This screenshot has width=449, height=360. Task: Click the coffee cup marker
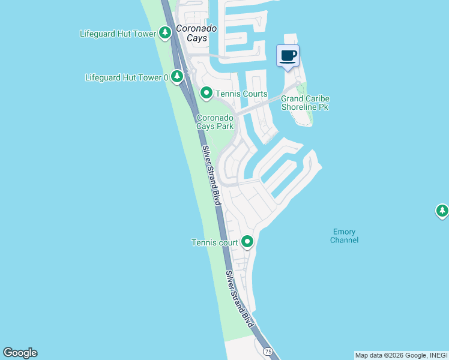point(288,56)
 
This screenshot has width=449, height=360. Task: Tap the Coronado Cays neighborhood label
point(192,33)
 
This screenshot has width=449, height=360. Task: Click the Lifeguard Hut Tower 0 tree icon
point(176,77)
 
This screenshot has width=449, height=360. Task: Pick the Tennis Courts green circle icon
point(206,93)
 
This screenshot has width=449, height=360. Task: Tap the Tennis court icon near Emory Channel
point(247,242)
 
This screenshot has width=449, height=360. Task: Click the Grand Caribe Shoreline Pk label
point(306,103)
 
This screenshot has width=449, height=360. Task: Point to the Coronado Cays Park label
point(215,122)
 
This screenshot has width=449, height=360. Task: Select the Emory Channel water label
point(345,236)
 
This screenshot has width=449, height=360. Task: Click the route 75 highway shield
point(268,351)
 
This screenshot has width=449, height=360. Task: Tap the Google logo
point(20,353)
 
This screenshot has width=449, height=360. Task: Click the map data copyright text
point(400,355)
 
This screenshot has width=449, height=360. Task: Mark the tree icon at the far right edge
point(442,211)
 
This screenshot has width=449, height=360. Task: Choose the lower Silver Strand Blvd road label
point(240,298)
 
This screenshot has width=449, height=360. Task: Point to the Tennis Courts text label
point(241,94)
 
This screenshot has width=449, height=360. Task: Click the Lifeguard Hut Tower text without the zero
point(118,34)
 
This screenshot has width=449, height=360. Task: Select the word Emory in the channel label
point(344,232)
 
